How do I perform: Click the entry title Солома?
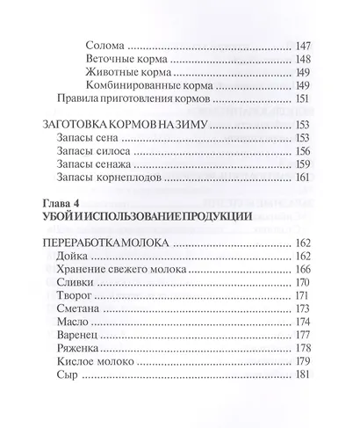(x=107, y=44)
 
